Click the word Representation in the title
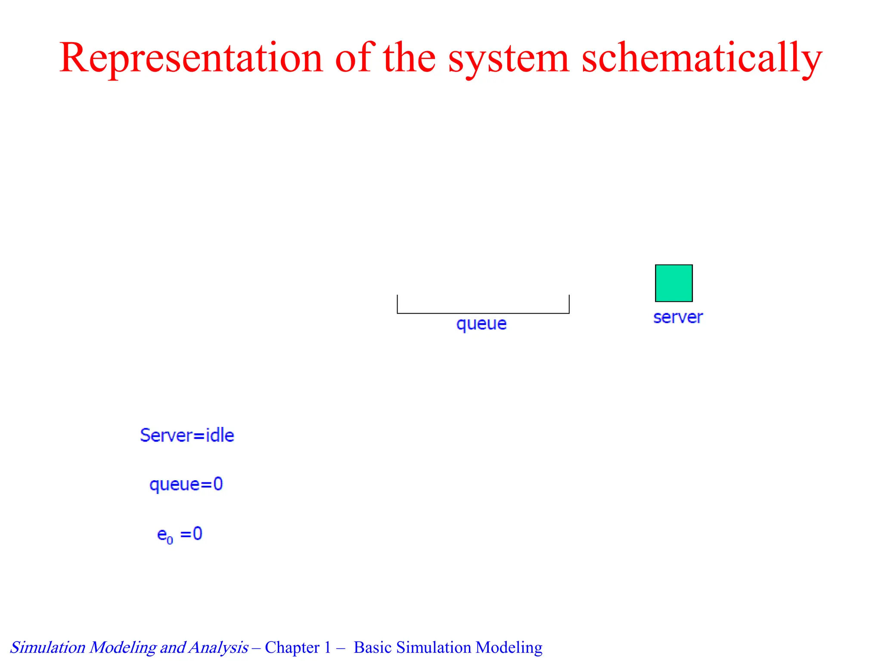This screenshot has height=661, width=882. (x=191, y=58)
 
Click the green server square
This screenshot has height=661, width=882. (x=674, y=283)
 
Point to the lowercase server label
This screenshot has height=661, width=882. (x=678, y=318)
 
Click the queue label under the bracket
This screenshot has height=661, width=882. (x=481, y=324)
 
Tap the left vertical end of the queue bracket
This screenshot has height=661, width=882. (x=398, y=304)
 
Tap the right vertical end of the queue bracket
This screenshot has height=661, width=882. (x=569, y=304)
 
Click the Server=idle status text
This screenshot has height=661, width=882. (x=187, y=436)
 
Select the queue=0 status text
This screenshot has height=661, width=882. (x=186, y=485)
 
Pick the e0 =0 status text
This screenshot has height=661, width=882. (x=180, y=534)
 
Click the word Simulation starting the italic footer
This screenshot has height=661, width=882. (x=48, y=648)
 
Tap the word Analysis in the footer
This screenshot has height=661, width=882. (x=218, y=648)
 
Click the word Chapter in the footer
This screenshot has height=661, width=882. (x=292, y=648)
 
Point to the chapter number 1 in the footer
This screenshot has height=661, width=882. (x=328, y=648)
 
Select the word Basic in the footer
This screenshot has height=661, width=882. (x=373, y=648)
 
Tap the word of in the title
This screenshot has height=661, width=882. (x=352, y=58)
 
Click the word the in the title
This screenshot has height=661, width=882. (x=409, y=58)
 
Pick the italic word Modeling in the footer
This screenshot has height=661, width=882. (x=123, y=648)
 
